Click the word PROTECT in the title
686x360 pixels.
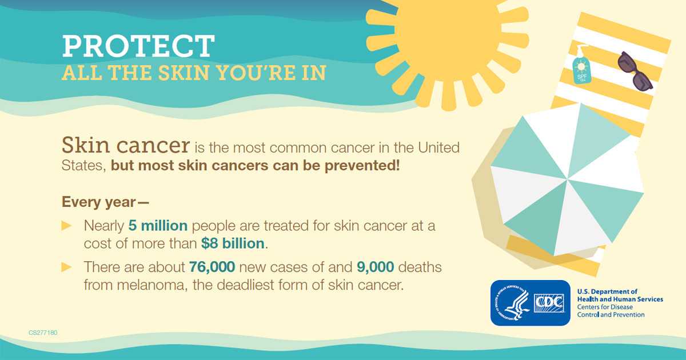(138, 46)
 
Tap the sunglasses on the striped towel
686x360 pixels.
(635, 71)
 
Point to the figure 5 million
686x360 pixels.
(158, 226)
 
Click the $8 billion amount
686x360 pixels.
(233, 243)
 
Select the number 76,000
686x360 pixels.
(212, 267)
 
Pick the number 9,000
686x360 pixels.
(376, 267)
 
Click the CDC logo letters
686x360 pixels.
(549, 303)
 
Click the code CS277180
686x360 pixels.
(43, 333)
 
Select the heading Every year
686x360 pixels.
(105, 202)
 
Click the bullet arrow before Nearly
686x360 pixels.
(66, 226)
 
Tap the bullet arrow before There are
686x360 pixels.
(66, 267)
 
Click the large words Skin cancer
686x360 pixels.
(126, 145)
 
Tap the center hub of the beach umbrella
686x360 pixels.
(567, 179)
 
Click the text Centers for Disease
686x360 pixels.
(605, 307)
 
